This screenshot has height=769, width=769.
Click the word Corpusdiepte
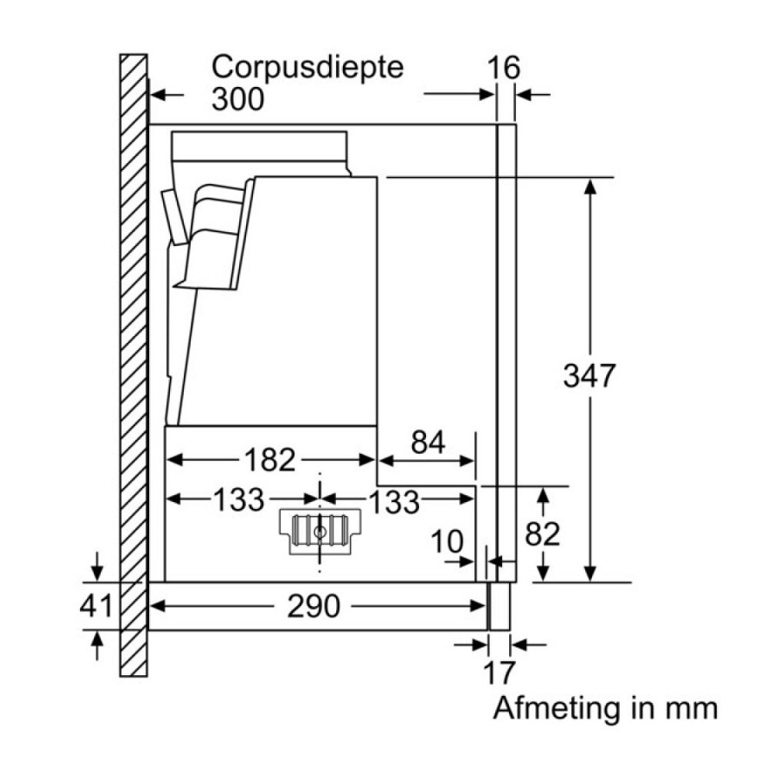308,67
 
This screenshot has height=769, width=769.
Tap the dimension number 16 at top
504,68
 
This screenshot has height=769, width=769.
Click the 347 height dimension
590,376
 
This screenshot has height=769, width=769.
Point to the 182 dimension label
271,460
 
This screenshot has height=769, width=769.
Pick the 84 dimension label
428,444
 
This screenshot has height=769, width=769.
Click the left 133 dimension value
238,500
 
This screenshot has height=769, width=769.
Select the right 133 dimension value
394,501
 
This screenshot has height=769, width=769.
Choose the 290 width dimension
313,607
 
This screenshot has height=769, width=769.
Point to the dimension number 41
96,606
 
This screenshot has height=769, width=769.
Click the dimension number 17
498,673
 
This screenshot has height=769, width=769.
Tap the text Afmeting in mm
605,707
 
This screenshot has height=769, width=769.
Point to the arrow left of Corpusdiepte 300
166,95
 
